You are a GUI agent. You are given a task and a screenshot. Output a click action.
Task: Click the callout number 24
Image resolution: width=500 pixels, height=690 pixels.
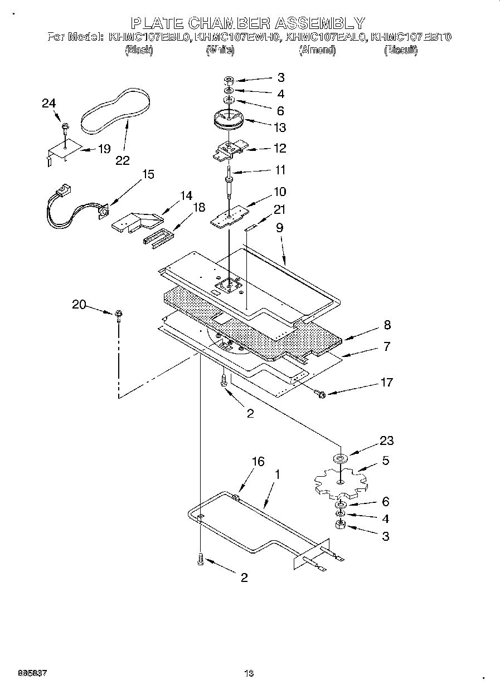[x=49, y=104]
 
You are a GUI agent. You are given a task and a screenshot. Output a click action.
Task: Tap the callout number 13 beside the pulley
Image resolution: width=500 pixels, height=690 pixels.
[x=280, y=128]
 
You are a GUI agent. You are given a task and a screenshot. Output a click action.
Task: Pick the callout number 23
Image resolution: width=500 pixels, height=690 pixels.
[x=386, y=441]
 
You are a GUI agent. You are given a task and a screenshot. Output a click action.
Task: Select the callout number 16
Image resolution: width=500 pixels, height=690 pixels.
[x=258, y=462]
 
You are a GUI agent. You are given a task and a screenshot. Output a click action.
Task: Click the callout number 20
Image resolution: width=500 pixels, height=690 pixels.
[x=79, y=304]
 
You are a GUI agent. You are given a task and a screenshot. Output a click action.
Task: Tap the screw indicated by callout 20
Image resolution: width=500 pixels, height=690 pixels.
[x=119, y=316]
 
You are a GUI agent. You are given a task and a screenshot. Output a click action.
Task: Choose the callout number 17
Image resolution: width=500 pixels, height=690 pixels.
[x=386, y=383]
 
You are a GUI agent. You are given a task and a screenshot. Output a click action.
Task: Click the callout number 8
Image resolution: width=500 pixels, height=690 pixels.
[x=386, y=325]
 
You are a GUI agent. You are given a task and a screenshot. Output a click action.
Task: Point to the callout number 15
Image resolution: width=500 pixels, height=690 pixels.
[x=148, y=175]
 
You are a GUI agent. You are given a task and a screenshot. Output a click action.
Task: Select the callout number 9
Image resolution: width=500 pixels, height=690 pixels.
[x=279, y=227]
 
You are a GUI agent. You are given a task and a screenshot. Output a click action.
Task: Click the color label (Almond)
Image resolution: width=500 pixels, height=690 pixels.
[x=317, y=51]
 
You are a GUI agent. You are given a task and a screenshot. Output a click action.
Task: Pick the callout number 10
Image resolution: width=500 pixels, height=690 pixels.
[x=280, y=192]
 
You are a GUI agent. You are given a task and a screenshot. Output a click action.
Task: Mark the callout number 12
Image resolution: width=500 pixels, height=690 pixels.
[x=280, y=148]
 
